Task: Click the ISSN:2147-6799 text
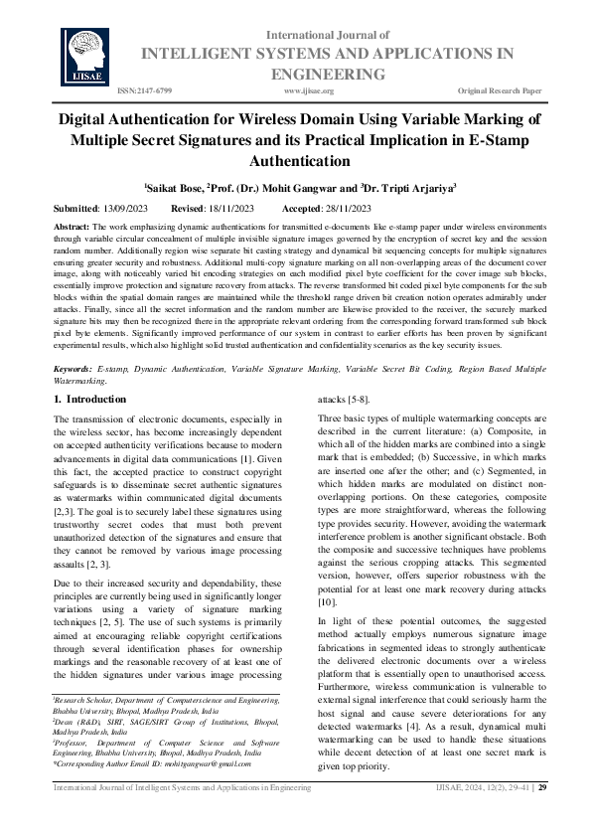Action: point(145,90)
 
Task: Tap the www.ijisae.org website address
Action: point(308,90)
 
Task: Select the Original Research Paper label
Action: point(500,90)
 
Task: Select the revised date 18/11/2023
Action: point(229,209)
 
